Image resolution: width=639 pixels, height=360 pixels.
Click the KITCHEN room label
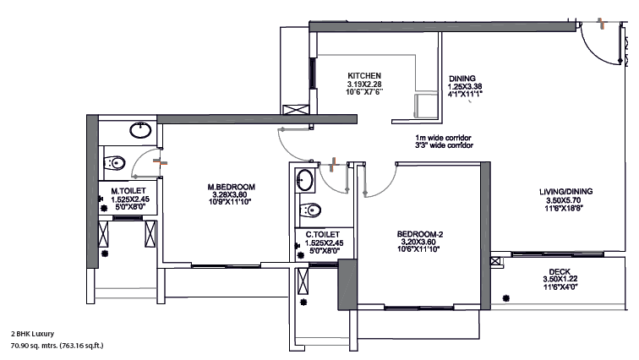364,76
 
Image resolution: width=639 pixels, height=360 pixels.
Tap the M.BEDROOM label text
231,187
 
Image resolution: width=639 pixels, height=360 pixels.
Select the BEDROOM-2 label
420,234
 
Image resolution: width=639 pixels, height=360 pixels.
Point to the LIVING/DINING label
565,191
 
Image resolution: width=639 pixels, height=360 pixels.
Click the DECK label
560,271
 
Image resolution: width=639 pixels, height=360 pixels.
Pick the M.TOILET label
128,191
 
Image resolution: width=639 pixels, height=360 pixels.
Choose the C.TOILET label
322,235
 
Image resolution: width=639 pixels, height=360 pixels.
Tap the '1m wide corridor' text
443,138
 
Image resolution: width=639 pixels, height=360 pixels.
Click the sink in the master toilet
140,130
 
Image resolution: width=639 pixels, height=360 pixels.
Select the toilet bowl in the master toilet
114,163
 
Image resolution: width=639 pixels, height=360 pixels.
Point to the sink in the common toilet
305,180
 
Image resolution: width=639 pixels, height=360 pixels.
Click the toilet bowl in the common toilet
310,210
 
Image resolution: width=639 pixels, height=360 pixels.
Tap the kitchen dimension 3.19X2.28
364,84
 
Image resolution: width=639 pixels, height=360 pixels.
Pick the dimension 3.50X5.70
563,200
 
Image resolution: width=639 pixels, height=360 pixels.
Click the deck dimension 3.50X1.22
560,280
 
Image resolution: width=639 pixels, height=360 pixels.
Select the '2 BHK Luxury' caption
32,334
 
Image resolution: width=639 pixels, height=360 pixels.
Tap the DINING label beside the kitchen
462,79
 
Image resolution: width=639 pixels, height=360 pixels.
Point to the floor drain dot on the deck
505,298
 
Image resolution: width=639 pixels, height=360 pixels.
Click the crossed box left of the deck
495,261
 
